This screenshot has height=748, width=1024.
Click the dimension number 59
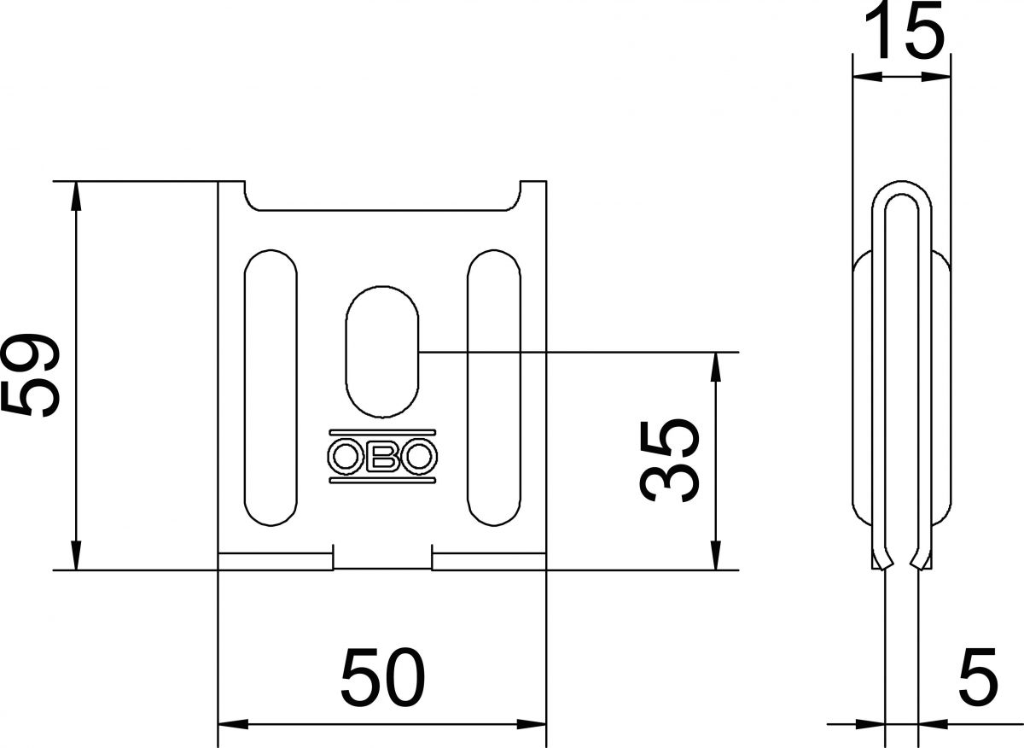[31, 376]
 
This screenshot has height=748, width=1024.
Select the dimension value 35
[671, 461]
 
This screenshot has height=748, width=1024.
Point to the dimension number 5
[978, 677]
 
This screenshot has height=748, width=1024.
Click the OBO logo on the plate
[382, 457]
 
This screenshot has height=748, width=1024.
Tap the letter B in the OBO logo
[382, 458]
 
